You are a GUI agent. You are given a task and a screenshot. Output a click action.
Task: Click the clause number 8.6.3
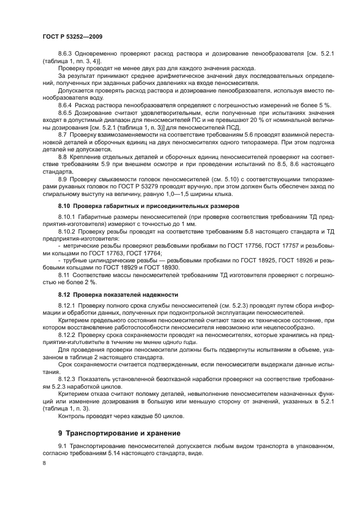[66, 53]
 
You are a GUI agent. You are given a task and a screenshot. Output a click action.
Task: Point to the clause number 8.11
[64, 275]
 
